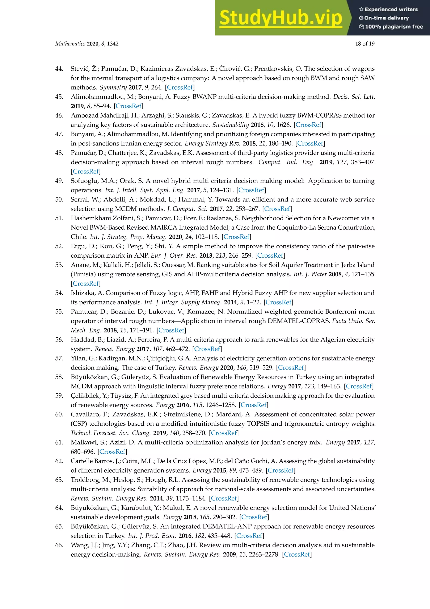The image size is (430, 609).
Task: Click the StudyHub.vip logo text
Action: (x=281, y=18)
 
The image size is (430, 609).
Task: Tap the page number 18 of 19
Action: (x=365, y=44)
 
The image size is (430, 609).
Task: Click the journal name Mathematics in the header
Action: (x=70, y=44)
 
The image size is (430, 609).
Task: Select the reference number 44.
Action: (x=59, y=69)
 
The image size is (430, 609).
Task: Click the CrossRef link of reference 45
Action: (x=128, y=106)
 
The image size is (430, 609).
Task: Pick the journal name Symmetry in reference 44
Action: (x=113, y=87)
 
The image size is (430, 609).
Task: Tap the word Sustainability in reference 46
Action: (x=230, y=125)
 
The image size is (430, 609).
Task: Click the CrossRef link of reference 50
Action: (x=277, y=209)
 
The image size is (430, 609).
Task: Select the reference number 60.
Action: (x=59, y=414)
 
